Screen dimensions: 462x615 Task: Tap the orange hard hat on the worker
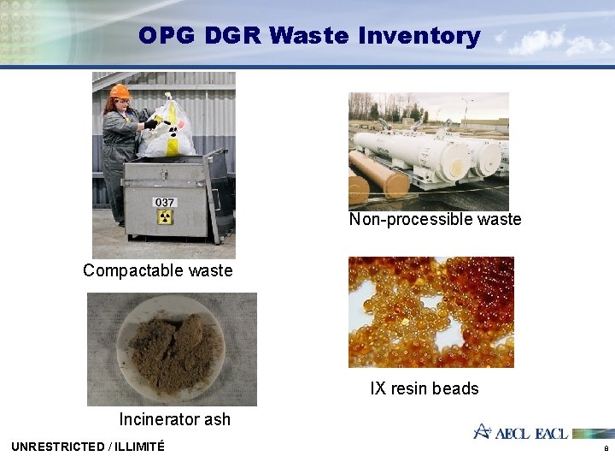coord(120,92)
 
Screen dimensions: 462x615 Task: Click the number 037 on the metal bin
coord(164,203)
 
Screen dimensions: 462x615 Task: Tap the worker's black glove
coord(151,123)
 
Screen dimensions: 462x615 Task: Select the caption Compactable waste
coord(157,270)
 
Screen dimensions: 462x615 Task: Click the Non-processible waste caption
coord(435,220)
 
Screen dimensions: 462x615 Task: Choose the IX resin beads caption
coord(424,388)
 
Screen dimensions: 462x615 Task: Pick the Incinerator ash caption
coord(174,419)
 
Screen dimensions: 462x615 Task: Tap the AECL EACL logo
coord(521,432)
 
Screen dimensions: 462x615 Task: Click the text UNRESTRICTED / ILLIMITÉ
coord(88,446)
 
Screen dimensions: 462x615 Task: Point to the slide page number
coord(606,448)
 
